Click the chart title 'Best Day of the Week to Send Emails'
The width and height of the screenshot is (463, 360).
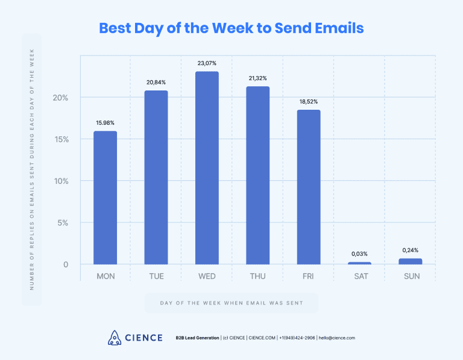pos(231,28)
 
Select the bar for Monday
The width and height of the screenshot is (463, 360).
pos(105,198)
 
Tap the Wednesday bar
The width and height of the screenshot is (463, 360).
pos(207,168)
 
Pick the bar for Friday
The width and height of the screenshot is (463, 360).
pos(309,187)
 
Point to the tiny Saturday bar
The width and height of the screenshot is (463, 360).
pos(359,263)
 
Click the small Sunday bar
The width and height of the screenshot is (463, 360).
pos(410,261)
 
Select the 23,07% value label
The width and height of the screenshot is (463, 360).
pos(207,63)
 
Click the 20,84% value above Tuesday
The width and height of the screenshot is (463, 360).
pos(156,82)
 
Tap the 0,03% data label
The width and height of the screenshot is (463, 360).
pos(359,254)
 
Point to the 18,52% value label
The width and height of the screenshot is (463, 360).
pos(309,101)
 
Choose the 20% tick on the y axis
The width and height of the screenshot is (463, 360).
pos(61,98)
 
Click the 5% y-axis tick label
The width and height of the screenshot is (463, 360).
pos(63,223)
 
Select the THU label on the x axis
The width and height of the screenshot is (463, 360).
pos(257,277)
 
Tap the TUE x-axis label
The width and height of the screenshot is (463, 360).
pos(156,277)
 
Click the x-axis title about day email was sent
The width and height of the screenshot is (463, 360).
pos(231,302)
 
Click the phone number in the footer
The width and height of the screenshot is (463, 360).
pos(297,338)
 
